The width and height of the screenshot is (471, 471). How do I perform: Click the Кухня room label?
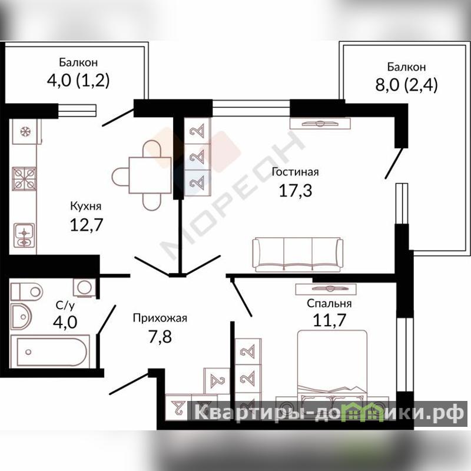pos(85,207)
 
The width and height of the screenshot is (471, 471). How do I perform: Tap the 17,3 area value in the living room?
pos(296,190)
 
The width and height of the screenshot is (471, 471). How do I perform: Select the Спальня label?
pos(329,303)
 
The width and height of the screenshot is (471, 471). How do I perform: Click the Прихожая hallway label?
pos(160,318)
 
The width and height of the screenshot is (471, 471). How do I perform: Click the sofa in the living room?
pos(298,254)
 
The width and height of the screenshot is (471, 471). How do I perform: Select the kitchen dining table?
pos(150,175)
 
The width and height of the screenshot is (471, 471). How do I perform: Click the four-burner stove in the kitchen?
pos(24,179)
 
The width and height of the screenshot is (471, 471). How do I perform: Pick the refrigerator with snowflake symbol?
pos(26,131)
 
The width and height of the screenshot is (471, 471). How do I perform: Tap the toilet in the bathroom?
pos(26,291)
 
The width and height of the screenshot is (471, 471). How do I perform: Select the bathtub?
pos(50,351)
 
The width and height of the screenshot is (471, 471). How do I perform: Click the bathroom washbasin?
pos(21,316)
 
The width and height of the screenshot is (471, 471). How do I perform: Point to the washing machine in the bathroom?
pos(85,287)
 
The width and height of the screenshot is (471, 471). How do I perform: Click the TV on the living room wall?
pos(320,123)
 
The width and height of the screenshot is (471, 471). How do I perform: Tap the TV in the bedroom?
pos(326,289)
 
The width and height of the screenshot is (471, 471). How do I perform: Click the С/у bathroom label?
pos(65,306)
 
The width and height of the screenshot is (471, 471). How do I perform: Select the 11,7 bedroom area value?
pos(330,320)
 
